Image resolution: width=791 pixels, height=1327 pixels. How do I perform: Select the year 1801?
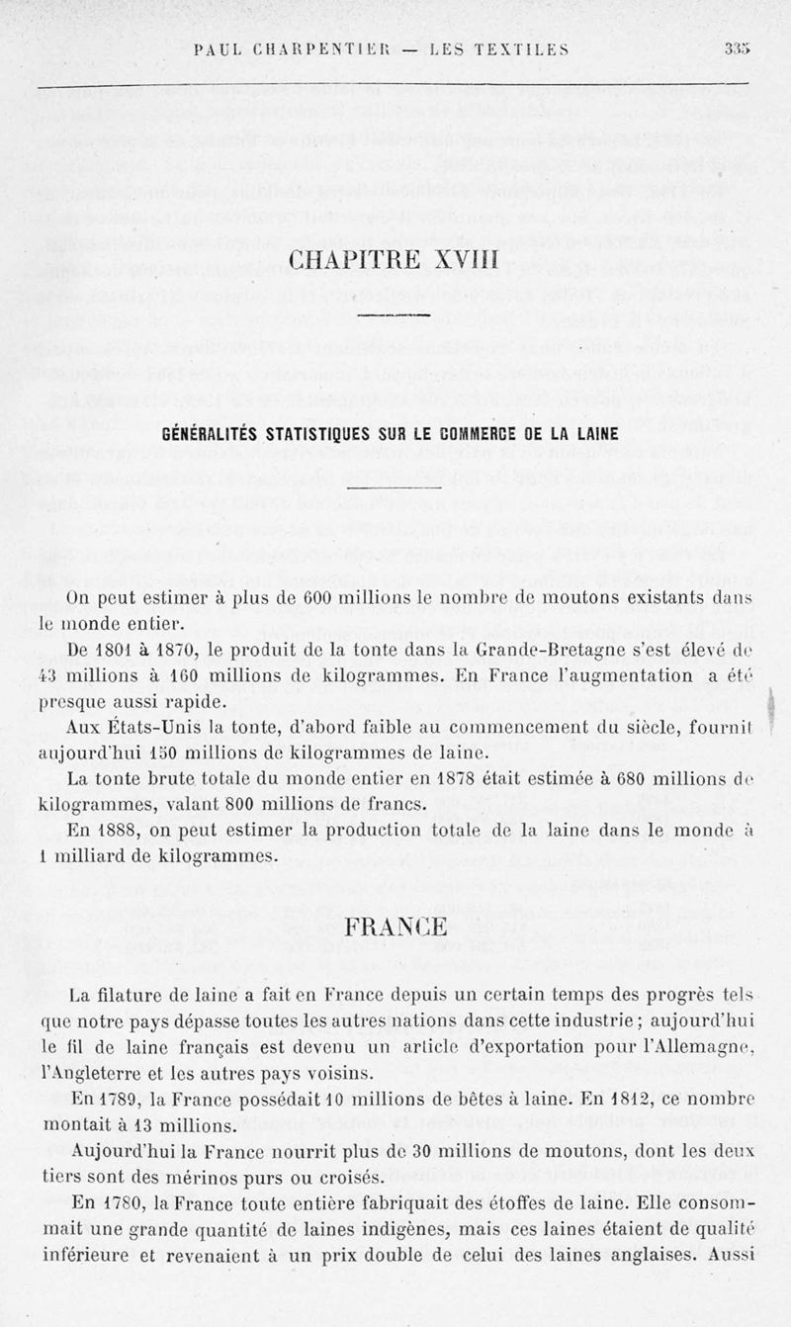pos(116,651)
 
